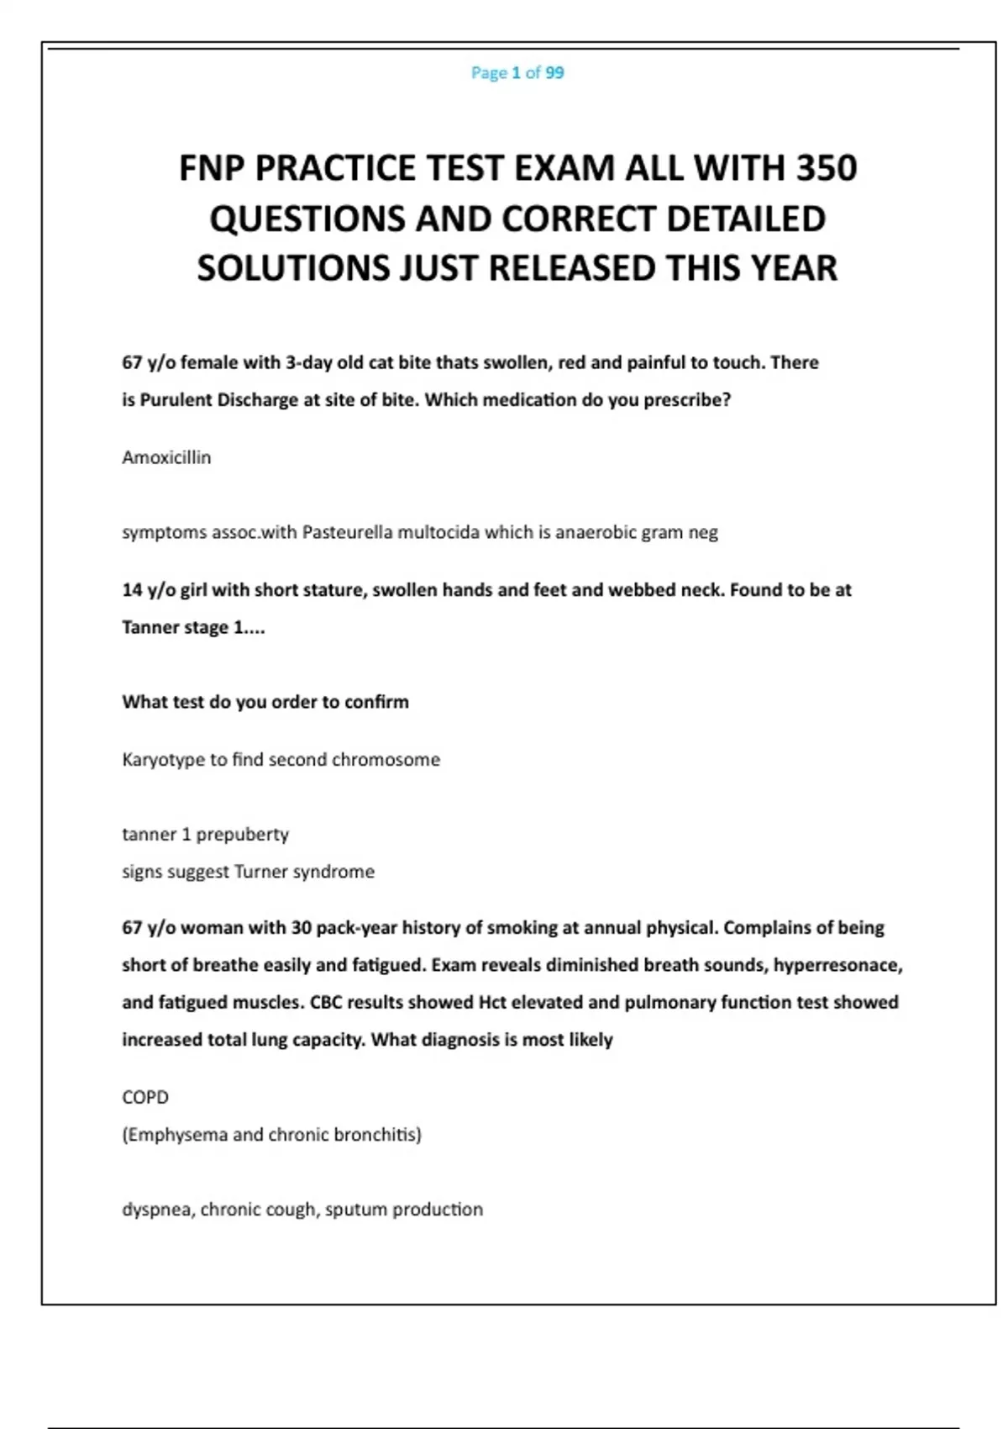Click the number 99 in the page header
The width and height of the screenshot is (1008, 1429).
coord(554,73)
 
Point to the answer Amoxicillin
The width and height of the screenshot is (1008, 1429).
coord(166,457)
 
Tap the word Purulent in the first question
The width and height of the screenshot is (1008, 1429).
coord(176,400)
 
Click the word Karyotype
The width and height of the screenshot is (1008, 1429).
coord(163,760)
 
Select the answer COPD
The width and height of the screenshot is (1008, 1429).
coord(145,1097)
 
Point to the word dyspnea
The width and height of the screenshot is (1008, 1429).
coord(156,1210)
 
